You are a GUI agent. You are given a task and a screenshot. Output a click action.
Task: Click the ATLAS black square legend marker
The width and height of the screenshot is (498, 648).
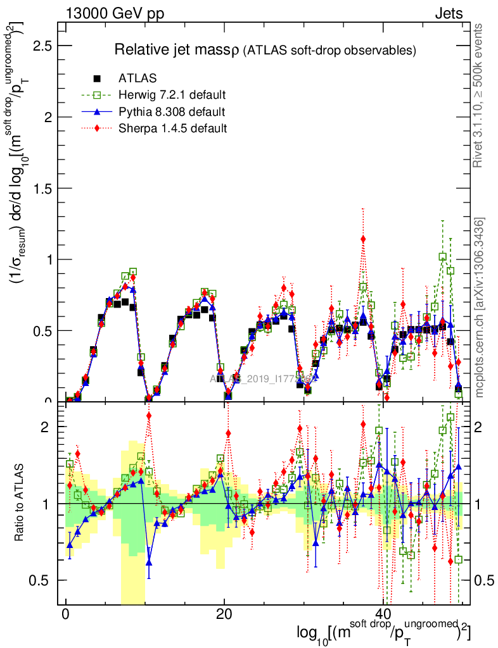pos(97,79)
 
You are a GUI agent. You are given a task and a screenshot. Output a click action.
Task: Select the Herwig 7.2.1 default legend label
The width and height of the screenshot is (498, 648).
pos(172,96)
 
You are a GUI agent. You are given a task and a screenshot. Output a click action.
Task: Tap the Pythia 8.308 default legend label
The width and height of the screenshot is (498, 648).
pos(172,112)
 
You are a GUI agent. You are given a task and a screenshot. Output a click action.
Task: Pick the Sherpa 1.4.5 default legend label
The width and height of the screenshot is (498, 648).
pos(172,128)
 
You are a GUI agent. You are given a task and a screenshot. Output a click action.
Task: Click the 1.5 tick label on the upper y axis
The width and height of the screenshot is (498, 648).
pos(39,189)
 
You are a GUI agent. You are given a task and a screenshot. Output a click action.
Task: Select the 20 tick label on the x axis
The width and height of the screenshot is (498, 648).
pos(224,615)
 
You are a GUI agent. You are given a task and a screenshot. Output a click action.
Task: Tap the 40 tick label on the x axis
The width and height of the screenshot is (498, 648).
pos(382,615)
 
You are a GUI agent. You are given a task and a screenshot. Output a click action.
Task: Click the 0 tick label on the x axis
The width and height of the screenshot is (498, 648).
pos(65,615)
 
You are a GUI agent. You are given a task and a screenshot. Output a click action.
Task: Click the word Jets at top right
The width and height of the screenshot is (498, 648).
pos(449,13)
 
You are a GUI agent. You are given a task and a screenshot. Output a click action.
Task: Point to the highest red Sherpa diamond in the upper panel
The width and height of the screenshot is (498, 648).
pos(363,239)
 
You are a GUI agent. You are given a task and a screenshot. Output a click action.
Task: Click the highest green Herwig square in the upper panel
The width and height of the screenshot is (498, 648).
pos(442,256)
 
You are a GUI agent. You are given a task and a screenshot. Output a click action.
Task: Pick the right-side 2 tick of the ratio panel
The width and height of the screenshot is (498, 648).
pos(483,427)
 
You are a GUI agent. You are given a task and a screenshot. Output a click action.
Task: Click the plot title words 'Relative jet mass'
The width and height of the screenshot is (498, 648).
pos(171,49)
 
